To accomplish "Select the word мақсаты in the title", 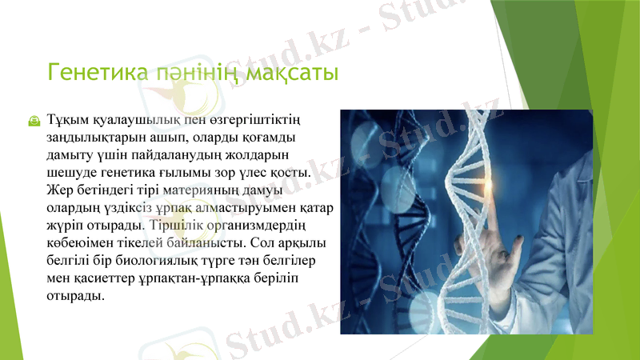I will point(291,73).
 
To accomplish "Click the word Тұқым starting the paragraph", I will point(67,120).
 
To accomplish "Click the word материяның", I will point(200,190).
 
